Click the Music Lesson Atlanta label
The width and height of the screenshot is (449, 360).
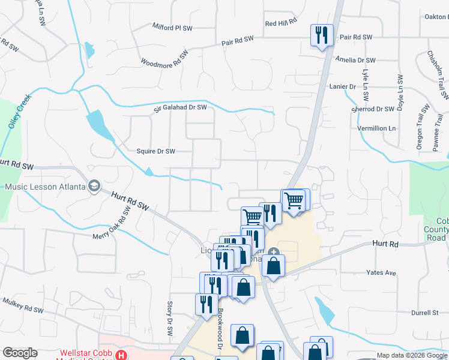click(x=44, y=187)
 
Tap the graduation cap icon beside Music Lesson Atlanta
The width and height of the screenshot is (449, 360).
click(x=94, y=187)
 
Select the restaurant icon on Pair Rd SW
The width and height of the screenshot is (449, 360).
click(x=322, y=35)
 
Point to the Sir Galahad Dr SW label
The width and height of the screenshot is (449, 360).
click(x=180, y=107)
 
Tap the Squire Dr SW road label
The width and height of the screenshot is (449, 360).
click(x=155, y=151)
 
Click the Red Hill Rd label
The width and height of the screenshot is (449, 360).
click(x=281, y=22)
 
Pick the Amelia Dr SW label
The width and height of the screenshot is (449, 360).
click(x=356, y=60)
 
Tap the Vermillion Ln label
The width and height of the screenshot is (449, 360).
click(x=377, y=128)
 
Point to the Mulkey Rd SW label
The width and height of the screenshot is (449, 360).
click(x=23, y=305)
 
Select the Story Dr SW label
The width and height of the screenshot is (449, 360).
click(x=170, y=319)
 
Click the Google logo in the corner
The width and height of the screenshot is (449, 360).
click(x=20, y=353)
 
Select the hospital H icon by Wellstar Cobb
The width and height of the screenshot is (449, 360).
click(x=122, y=355)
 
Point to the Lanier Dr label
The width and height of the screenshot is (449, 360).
click(x=343, y=86)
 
